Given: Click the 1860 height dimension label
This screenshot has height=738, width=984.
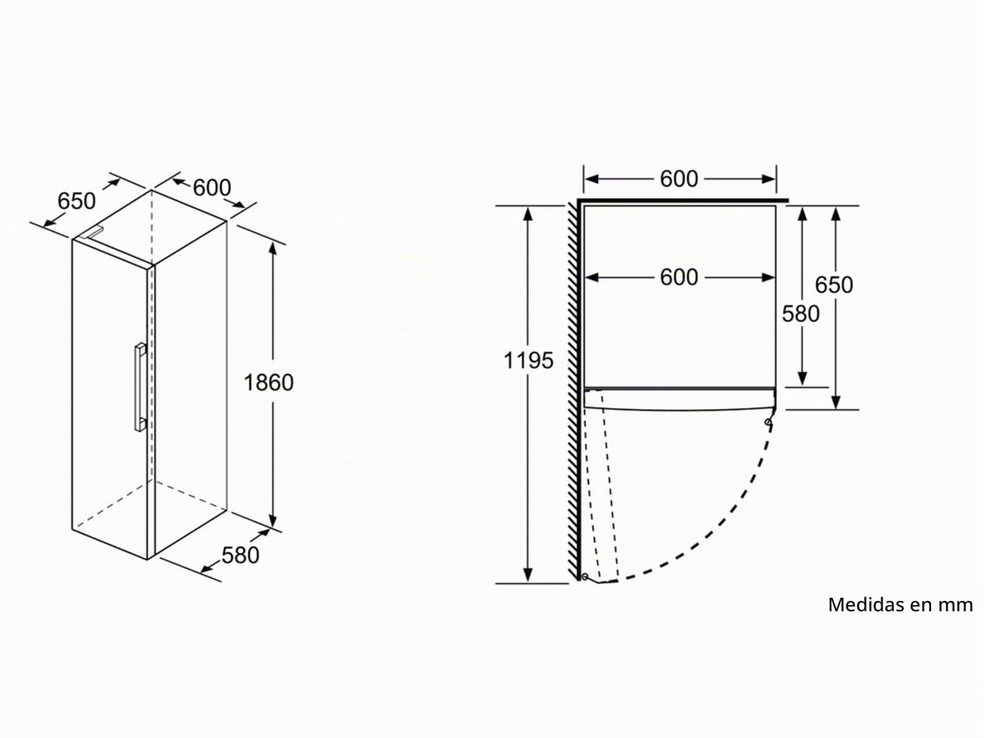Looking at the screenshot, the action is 269,383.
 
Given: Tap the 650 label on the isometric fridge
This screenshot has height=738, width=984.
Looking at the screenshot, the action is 76,200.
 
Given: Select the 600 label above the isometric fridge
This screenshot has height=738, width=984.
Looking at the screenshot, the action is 212,188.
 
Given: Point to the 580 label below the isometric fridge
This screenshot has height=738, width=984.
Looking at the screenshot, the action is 240,555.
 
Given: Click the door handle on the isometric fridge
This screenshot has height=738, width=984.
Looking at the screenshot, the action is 140,387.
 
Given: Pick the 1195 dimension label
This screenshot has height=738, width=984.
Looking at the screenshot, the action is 528,360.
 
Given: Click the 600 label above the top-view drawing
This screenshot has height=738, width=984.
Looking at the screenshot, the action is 679,179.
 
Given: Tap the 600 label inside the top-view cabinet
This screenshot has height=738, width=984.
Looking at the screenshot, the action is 679,277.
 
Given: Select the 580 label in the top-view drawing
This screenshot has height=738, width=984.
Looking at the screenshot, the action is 801,314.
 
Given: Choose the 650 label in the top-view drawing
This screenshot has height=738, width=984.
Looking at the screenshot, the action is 834,285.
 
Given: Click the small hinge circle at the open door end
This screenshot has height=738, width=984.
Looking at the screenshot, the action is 585,576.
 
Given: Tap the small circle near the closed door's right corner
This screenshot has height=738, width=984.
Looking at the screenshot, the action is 768,422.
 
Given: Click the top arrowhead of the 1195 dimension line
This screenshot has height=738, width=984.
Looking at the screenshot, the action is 528,214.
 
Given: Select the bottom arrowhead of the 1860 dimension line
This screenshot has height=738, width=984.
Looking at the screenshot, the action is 272,520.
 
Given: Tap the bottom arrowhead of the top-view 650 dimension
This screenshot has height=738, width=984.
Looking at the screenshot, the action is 836,402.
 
